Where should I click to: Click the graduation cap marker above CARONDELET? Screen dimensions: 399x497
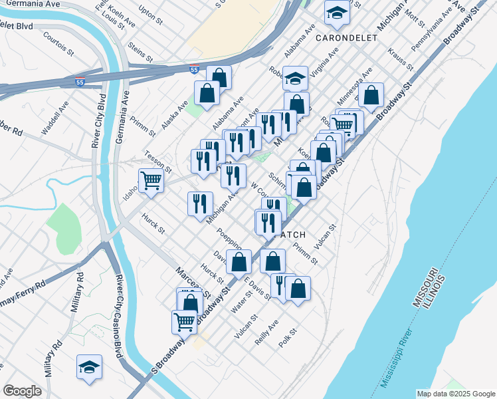[x=337, y=13]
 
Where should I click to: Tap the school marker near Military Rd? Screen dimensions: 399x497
[x=88, y=368]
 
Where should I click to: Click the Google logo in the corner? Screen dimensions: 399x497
[x=22, y=391]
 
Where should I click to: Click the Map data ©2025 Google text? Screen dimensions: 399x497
[x=456, y=394]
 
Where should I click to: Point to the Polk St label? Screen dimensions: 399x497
[x=286, y=341]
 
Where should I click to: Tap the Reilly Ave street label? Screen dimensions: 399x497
[x=266, y=333]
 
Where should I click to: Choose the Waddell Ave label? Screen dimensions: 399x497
[x=54, y=118]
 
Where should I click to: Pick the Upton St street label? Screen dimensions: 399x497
[x=151, y=16]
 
